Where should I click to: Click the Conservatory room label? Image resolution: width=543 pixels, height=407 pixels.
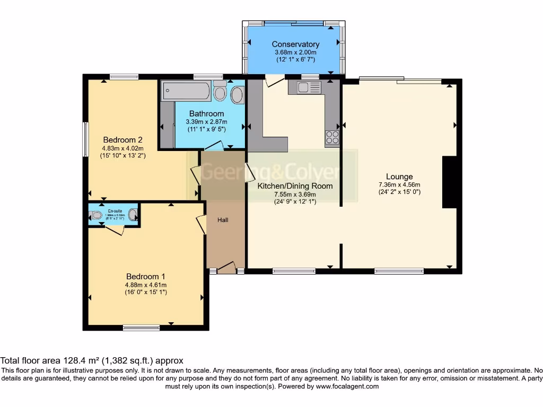(x=295, y=44)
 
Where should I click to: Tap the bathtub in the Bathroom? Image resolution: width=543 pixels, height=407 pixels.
(x=187, y=91)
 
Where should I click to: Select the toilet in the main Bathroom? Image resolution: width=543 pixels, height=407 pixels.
(x=220, y=92)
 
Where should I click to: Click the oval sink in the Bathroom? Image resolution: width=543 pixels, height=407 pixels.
(x=238, y=95)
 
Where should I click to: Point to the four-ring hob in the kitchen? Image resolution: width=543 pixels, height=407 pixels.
(x=332, y=137)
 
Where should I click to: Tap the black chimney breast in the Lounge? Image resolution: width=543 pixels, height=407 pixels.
(x=449, y=182)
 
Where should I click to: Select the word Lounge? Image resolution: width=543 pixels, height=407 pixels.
(x=399, y=176)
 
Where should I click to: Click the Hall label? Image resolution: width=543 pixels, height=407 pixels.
(x=223, y=219)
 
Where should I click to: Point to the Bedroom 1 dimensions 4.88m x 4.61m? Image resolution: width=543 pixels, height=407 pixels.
(x=146, y=285)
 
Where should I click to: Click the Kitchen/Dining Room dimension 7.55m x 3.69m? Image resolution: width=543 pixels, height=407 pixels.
(x=295, y=194)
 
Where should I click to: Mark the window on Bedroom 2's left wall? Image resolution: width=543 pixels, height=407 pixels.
(x=85, y=139)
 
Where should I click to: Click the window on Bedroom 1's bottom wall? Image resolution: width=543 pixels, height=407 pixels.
(x=141, y=328)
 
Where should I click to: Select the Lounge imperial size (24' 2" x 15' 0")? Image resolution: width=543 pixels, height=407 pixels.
(x=399, y=192)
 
